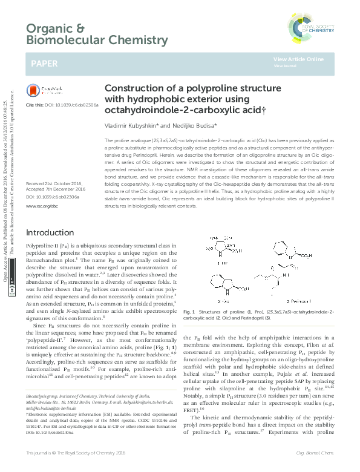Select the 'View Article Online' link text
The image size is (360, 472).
tap(298, 59)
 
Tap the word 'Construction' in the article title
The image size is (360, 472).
tap(134, 88)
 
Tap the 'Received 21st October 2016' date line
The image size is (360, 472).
tap(54, 184)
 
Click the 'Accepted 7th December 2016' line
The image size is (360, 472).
tap(56, 189)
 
